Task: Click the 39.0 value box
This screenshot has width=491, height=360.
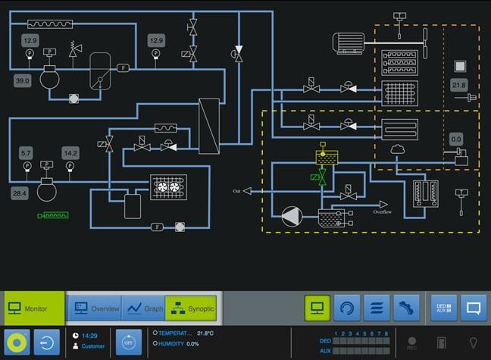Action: tap(22, 80)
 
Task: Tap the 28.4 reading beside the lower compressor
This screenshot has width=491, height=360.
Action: tap(20, 193)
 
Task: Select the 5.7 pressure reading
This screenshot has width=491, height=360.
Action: tap(27, 152)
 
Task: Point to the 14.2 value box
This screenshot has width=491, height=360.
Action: tap(70, 152)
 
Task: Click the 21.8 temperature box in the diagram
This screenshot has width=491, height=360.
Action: tap(459, 84)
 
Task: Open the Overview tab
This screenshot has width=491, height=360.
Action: tap(94, 308)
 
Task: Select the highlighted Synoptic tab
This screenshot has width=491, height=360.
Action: tap(191, 308)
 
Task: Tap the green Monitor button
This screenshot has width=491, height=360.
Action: tap(32, 308)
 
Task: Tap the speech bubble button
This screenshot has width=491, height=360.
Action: tap(474, 308)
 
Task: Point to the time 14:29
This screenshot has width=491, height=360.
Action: tap(90, 334)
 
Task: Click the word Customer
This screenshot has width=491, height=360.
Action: tap(93, 346)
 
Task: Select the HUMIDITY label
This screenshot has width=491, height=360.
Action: tap(172, 343)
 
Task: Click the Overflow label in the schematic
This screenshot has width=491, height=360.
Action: tap(383, 213)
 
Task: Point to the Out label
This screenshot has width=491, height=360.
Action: tap(236, 190)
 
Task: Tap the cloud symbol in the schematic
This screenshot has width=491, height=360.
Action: tap(399, 151)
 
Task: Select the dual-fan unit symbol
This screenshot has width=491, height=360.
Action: tap(168, 186)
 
